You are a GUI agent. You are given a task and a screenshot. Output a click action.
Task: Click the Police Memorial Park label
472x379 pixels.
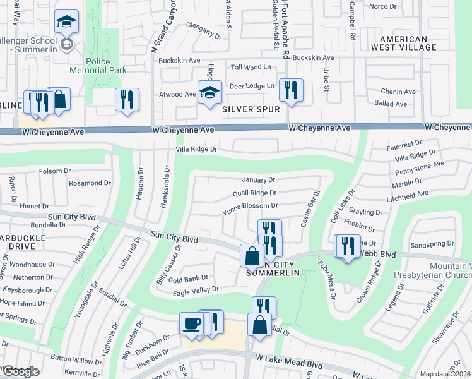click(x=98, y=66)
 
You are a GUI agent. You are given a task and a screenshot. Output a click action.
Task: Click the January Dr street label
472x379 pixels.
click(x=259, y=180)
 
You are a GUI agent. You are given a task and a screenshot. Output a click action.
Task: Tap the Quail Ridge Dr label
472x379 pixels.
click(x=254, y=193)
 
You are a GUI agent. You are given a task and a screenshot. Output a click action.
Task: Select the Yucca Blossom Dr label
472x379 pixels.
click(x=250, y=206)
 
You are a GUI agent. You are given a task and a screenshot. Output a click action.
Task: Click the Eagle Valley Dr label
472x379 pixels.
click(x=196, y=290)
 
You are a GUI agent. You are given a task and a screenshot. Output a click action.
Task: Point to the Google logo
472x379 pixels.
click(x=21, y=371)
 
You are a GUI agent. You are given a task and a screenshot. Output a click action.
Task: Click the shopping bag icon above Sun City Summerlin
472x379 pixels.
click(x=252, y=256)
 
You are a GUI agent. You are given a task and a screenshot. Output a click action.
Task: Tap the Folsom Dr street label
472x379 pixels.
click(x=55, y=171)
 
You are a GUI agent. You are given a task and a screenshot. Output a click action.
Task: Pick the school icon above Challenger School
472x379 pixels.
click(x=66, y=22)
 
